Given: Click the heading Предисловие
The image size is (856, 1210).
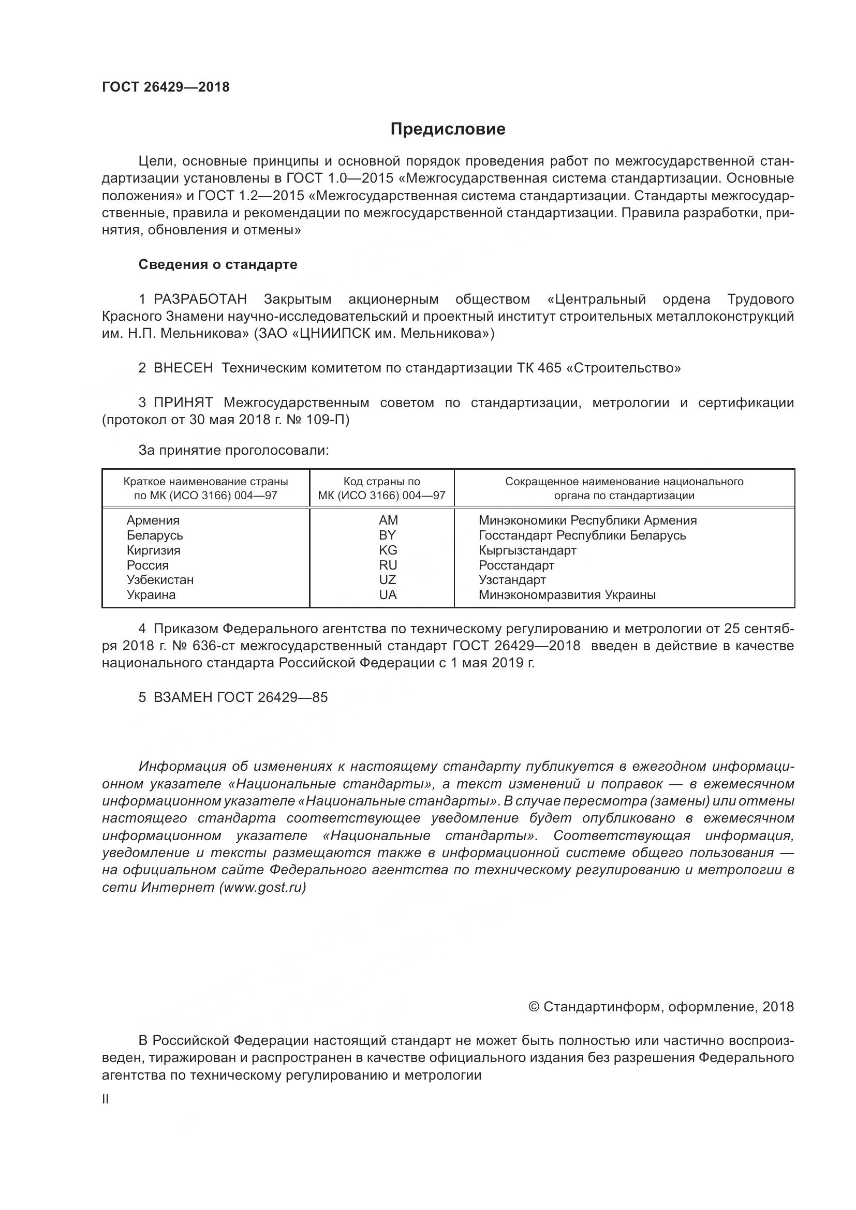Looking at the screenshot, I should click(448, 129).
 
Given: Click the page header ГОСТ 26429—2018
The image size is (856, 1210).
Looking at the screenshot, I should click(166, 87).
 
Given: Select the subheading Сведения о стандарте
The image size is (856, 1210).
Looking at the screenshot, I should click(218, 264).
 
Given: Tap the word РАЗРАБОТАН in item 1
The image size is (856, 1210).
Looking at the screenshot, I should click(200, 300).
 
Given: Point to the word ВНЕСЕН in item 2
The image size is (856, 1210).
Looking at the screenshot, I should click(183, 368).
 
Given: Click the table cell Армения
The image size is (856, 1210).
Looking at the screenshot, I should click(153, 520).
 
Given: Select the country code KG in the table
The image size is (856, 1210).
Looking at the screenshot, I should click(388, 550).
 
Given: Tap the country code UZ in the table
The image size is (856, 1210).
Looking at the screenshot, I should click(388, 580).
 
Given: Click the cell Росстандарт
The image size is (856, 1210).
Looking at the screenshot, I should click(516, 565).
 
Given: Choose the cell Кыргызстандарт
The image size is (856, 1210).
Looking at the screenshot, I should click(527, 550).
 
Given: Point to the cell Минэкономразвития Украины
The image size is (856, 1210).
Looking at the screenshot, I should click(567, 595).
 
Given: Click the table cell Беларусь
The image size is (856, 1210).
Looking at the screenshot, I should click(154, 535).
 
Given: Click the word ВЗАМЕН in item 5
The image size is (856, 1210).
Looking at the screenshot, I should click(183, 697).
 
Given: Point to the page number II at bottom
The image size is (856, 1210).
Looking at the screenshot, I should click(105, 1099).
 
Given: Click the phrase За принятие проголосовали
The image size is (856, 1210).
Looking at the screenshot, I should click(233, 451).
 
